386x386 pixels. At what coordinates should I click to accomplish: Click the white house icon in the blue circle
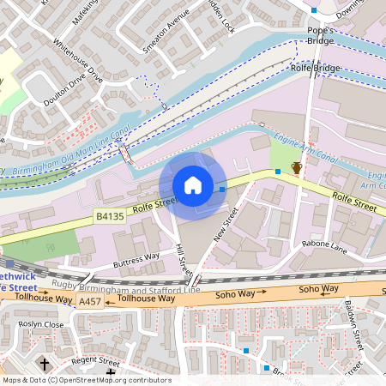(x=193, y=185)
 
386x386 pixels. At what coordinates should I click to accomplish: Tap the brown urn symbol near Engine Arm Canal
(x=296, y=167)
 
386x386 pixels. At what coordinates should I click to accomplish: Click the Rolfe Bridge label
(x=317, y=68)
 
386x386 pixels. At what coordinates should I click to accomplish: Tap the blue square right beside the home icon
(x=222, y=189)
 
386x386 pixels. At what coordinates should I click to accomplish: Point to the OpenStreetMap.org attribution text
(x=86, y=380)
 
